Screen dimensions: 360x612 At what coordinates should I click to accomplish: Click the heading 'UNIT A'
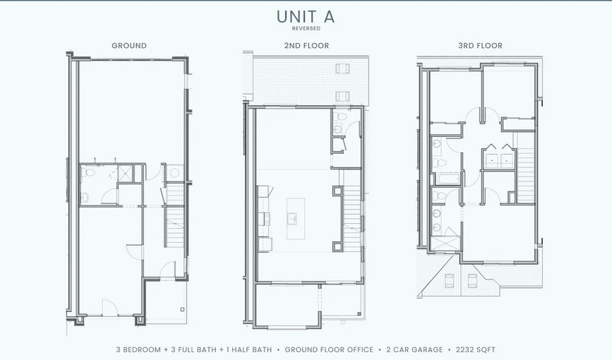(x=306, y=16)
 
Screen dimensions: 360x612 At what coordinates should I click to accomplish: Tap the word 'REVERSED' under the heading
(x=306, y=29)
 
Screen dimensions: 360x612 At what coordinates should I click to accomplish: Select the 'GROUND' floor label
(x=129, y=46)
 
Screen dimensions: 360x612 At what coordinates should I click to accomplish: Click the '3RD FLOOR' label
(x=480, y=46)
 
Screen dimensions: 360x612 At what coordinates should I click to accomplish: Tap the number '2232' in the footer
(x=462, y=349)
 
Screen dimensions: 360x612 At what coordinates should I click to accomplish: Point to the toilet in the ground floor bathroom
(x=88, y=172)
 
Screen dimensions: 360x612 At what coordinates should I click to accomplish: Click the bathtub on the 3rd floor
(x=446, y=177)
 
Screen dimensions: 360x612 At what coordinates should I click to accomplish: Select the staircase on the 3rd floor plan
(x=527, y=169)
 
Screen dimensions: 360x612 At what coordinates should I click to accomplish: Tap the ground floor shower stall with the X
(x=125, y=174)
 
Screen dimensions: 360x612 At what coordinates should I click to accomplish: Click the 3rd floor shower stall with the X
(x=445, y=243)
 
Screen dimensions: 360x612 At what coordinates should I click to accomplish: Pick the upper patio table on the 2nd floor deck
(x=343, y=68)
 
